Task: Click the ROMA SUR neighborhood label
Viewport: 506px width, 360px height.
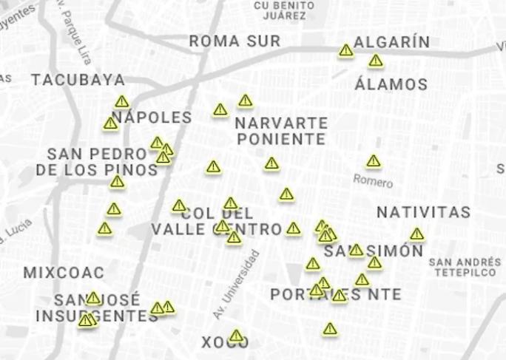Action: [x=235, y=41]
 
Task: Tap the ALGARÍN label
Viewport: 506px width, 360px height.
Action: [x=391, y=42]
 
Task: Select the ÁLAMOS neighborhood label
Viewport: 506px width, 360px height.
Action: [x=391, y=84]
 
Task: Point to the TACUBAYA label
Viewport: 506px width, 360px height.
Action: [x=78, y=80]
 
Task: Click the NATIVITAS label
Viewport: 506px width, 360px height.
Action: [x=423, y=212]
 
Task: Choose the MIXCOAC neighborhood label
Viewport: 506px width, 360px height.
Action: [x=64, y=273]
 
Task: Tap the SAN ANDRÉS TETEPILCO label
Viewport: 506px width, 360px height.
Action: [x=464, y=267]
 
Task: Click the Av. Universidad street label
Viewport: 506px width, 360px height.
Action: [x=236, y=285]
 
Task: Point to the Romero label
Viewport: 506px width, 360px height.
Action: [x=373, y=180]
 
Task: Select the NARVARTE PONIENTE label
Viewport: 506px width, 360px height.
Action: [x=281, y=130]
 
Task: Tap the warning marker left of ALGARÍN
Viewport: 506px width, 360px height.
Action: [x=346, y=50]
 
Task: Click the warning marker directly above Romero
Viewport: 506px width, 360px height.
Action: [x=374, y=160]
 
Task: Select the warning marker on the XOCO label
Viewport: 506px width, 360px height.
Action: [x=236, y=336]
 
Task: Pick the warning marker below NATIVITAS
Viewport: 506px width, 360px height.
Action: [x=417, y=234]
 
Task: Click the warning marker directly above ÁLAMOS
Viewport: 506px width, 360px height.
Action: [x=376, y=61]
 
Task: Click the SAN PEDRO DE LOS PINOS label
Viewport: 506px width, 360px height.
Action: [x=97, y=162]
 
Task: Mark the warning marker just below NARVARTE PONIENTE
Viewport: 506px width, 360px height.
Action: [x=271, y=163]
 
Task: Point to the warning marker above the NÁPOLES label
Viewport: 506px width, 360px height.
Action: [x=122, y=101]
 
